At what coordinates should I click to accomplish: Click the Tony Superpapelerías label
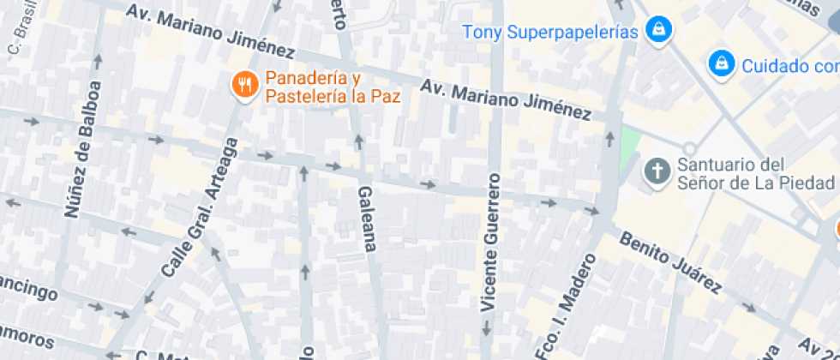551,33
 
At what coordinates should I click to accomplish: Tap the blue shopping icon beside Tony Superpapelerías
658,29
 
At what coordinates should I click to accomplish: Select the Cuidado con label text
789,65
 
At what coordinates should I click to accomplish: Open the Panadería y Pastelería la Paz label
333,87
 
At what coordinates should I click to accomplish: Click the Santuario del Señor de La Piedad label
755,172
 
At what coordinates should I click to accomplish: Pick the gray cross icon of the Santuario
657,171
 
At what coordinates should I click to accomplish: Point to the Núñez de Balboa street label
78,149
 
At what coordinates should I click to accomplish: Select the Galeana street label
366,219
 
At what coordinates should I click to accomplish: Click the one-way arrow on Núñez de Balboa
98,62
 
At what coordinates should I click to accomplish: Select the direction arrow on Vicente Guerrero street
487,327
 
